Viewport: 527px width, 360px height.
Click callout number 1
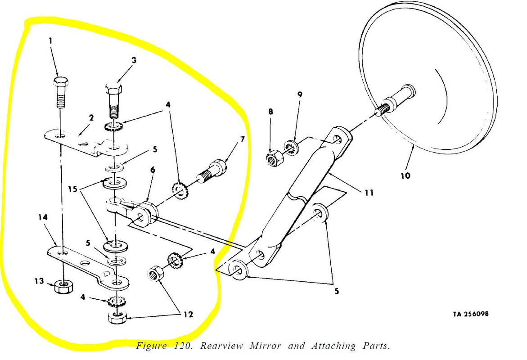click(x=50, y=40)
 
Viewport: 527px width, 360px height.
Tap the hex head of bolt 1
click(x=61, y=83)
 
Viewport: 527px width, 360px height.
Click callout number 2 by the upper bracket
click(x=91, y=118)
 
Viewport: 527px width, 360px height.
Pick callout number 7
click(x=242, y=139)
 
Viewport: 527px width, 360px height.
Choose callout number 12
click(x=188, y=314)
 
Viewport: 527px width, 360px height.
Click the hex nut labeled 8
click(x=273, y=158)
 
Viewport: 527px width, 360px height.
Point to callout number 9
click(x=299, y=94)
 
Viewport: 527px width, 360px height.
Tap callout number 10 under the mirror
click(x=405, y=175)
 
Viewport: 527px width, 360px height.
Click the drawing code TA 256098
click(x=470, y=314)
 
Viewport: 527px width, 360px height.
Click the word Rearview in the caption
click(x=221, y=346)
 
